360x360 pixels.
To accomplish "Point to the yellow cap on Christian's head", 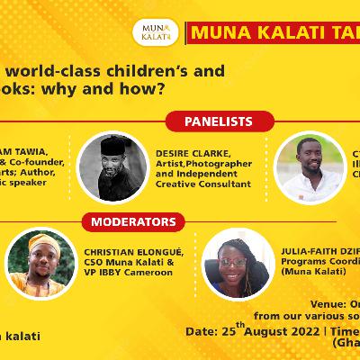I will click(43, 242).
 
